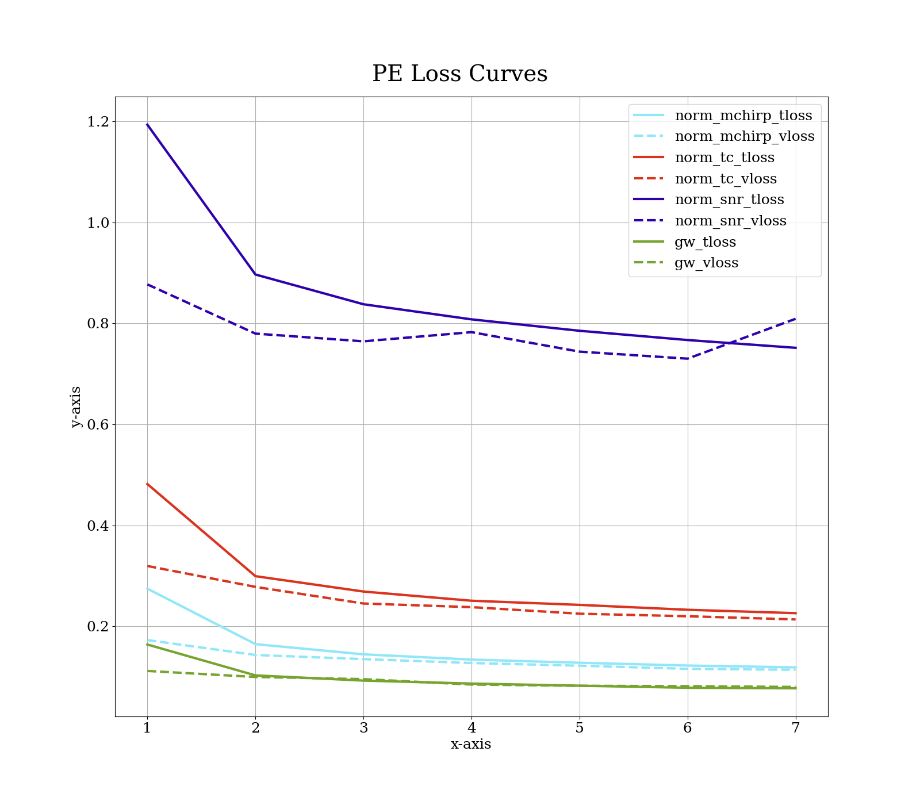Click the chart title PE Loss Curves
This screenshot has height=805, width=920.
459,74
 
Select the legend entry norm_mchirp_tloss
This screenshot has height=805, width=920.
743,116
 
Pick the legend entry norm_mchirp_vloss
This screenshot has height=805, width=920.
744,137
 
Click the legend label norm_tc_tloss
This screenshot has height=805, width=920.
724,158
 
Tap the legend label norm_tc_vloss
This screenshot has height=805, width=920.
725,179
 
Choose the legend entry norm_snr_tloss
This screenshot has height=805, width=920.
729,200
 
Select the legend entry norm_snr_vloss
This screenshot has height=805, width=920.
730,221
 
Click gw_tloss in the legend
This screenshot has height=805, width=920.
705,242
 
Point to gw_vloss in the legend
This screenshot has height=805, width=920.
706,263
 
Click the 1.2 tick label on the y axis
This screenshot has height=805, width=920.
98,122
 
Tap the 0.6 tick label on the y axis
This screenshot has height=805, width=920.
98,425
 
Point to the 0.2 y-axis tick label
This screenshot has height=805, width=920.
98,627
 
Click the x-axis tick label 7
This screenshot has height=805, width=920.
795,728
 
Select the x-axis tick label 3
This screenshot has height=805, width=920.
363,728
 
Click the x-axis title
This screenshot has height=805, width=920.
471,744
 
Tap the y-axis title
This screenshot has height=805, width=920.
75,407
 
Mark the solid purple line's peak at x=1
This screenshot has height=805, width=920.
147,124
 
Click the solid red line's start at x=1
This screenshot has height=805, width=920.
147,484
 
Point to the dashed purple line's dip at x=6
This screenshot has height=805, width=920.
688,359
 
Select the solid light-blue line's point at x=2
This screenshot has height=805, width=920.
255,644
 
